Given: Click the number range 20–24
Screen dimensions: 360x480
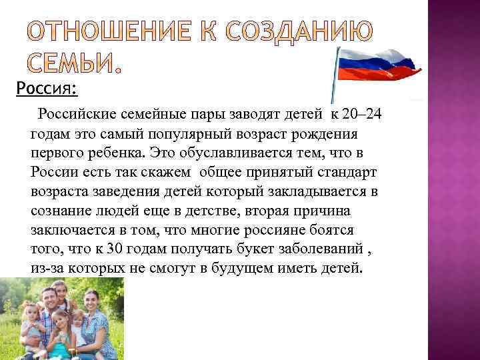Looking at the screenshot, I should tap(359, 115).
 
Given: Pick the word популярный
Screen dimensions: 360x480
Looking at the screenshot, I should tap(197, 133).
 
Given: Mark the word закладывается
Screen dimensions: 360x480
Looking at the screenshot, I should tap(305, 191).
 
